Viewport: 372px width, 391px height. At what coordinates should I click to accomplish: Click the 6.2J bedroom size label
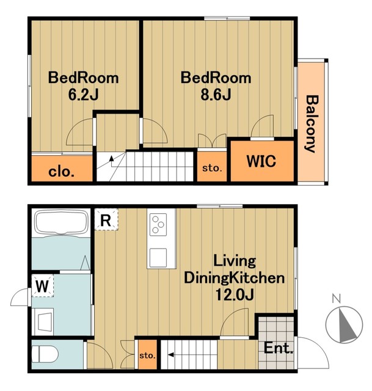click(x=83, y=95)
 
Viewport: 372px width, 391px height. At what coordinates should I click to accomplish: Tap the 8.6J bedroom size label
click(x=216, y=95)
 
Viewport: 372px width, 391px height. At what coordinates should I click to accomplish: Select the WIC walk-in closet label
click(x=261, y=161)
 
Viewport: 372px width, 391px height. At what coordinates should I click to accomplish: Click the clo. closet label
click(x=61, y=171)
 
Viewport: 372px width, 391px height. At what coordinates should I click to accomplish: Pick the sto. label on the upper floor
click(x=212, y=168)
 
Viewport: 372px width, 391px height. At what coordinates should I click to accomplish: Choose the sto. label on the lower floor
click(x=147, y=355)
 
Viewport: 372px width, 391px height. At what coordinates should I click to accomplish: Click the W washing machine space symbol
click(x=42, y=286)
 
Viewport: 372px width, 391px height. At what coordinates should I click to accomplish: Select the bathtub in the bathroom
click(x=61, y=222)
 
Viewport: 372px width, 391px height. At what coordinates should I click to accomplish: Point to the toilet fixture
click(x=45, y=354)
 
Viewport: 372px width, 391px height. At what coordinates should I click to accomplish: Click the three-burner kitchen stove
click(x=158, y=224)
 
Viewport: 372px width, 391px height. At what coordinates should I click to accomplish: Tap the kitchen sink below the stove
click(x=158, y=258)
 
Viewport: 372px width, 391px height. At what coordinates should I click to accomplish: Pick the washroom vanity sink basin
click(x=44, y=322)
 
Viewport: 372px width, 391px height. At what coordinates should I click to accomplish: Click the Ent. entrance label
click(x=279, y=348)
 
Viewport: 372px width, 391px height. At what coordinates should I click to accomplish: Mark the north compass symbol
click(x=344, y=324)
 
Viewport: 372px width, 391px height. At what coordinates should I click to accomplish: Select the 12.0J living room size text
click(x=235, y=295)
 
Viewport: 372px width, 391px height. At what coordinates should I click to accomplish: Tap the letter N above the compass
click(x=337, y=299)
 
